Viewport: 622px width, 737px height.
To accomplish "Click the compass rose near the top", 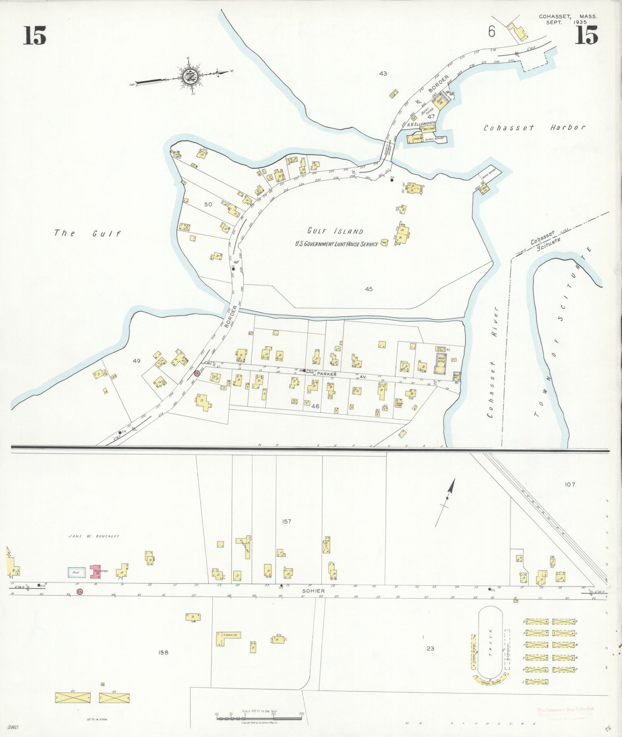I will [x=189, y=77].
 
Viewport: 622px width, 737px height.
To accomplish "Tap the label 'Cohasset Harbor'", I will [x=534, y=128].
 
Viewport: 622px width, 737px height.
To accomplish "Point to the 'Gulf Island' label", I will [x=335, y=231].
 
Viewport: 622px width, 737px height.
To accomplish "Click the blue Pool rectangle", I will [x=77, y=572].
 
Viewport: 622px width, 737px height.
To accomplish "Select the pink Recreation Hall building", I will [x=95, y=571].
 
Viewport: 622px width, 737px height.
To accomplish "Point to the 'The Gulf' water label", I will [x=87, y=233].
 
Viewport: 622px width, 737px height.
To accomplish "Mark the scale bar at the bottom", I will [x=258, y=716].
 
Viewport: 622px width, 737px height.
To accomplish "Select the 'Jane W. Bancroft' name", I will [x=94, y=536].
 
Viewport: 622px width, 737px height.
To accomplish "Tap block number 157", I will [x=286, y=521].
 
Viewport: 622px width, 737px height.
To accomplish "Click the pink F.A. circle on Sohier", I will [x=80, y=592].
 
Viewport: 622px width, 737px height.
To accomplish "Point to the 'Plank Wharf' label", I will [x=434, y=139].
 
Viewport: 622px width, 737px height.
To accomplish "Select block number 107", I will [x=570, y=484].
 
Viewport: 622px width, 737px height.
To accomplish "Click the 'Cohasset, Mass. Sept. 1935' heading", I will [x=567, y=19].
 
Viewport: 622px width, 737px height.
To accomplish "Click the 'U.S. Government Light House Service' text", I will [x=336, y=244].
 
